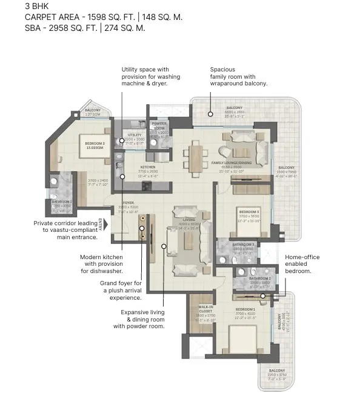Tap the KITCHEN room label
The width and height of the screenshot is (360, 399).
point(148,167)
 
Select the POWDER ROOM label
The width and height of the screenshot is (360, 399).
point(159,125)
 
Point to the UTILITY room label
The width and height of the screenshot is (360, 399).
point(135,134)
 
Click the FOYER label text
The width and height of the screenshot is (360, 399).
point(128,203)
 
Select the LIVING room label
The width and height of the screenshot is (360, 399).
point(188,220)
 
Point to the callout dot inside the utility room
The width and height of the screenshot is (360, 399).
point(122,140)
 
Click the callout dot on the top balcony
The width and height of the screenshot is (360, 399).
point(210,113)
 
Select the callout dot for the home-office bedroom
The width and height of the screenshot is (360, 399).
point(263,295)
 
